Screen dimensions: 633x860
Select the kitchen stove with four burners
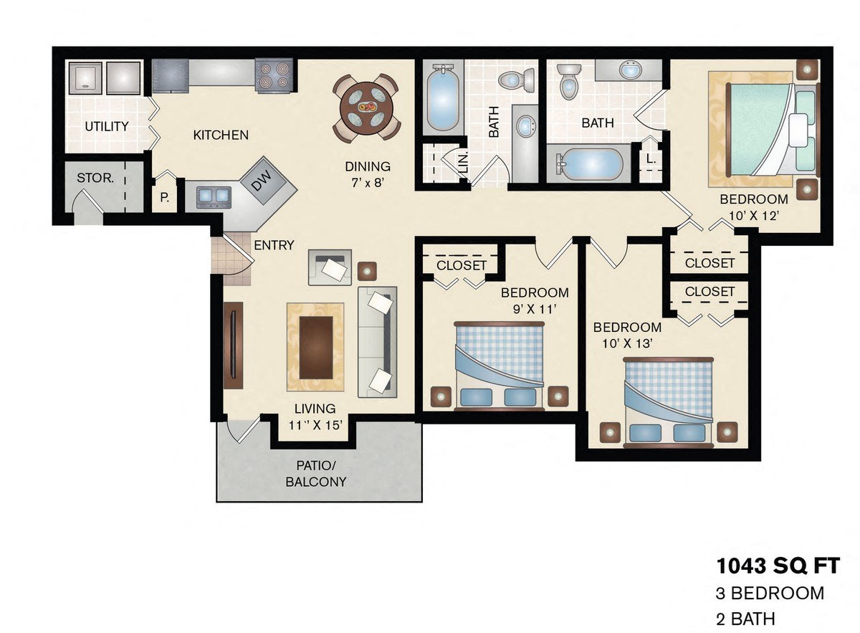pos(274,75)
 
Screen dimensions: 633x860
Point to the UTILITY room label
pos(107,127)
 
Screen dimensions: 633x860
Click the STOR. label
pos(95,177)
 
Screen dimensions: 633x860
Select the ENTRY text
pos(274,245)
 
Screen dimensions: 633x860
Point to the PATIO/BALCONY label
pos(316,473)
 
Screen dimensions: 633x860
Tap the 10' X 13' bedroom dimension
pos(627,343)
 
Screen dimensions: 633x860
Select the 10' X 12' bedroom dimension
pos(753,216)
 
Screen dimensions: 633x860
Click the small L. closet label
pos(651,160)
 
